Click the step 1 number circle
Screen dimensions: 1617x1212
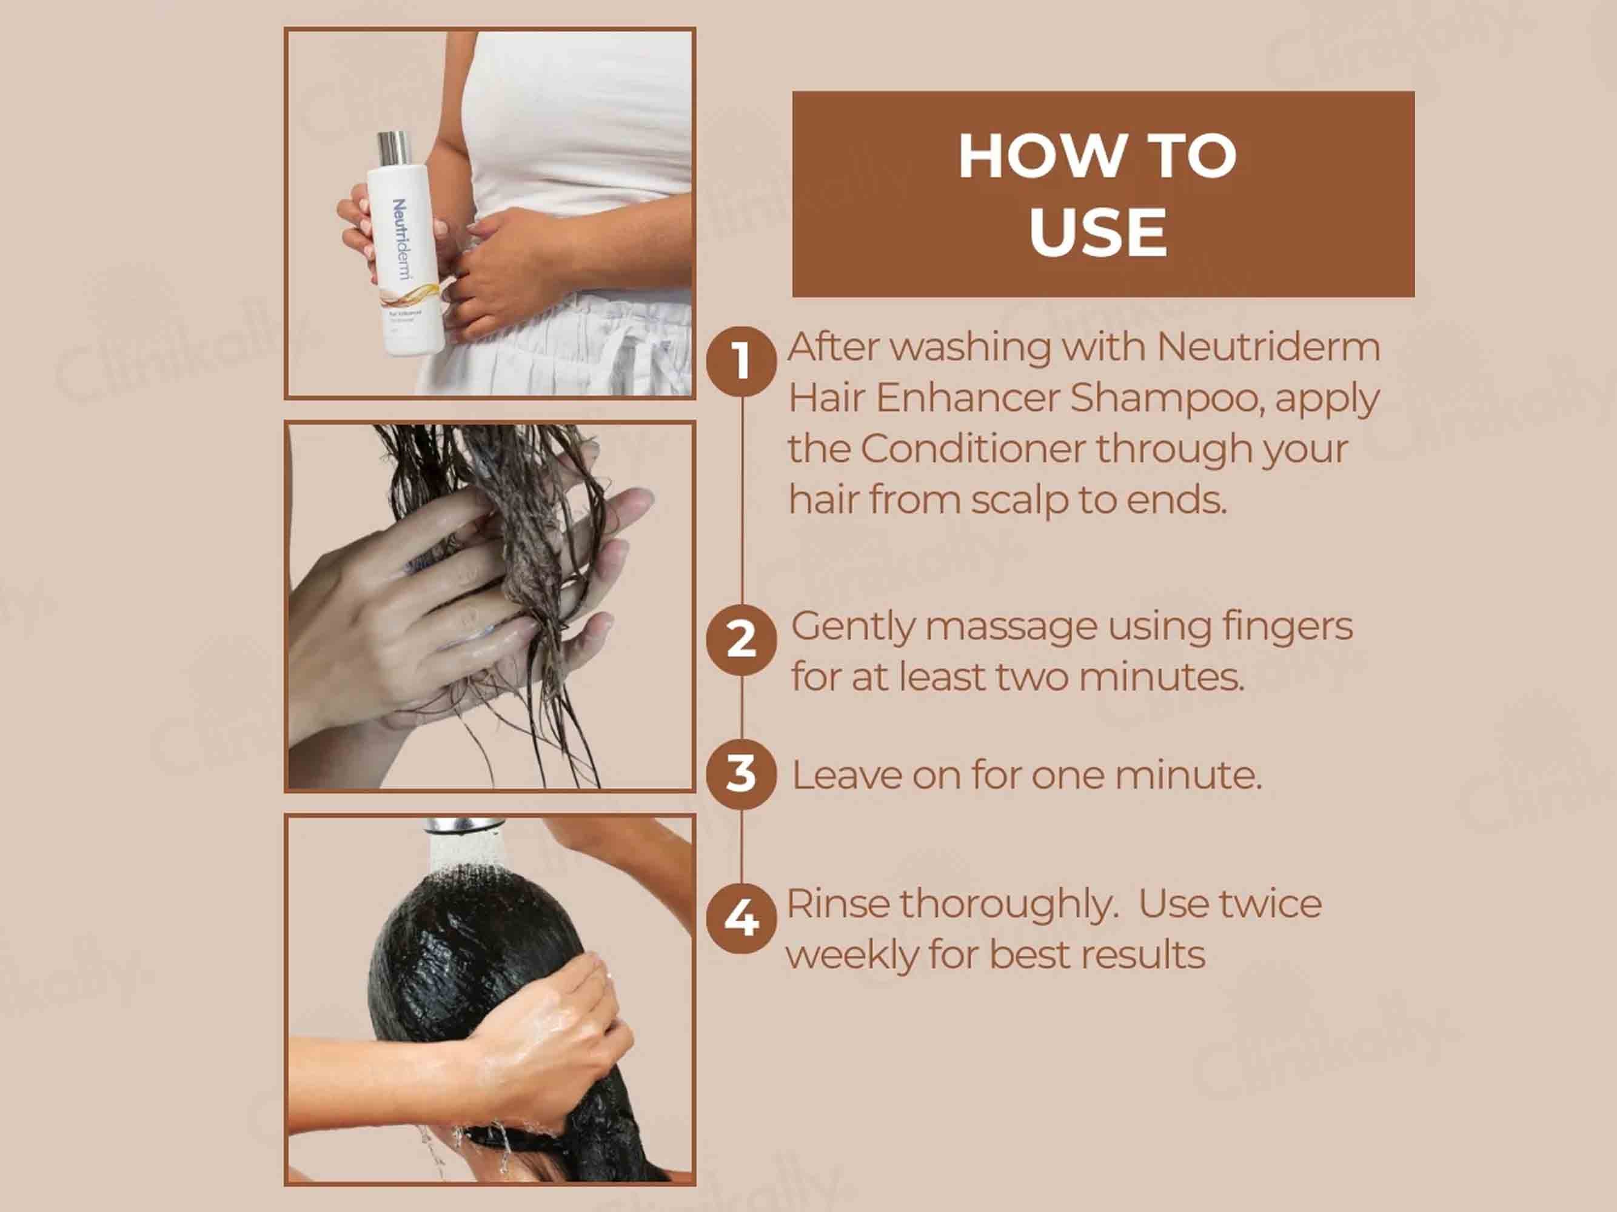742,362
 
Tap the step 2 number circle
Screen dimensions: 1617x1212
742,641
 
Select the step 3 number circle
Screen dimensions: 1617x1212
742,774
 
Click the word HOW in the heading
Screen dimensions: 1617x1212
1027,156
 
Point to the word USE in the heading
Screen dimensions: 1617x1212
1098,232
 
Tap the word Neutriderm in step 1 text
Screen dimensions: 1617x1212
1268,347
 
